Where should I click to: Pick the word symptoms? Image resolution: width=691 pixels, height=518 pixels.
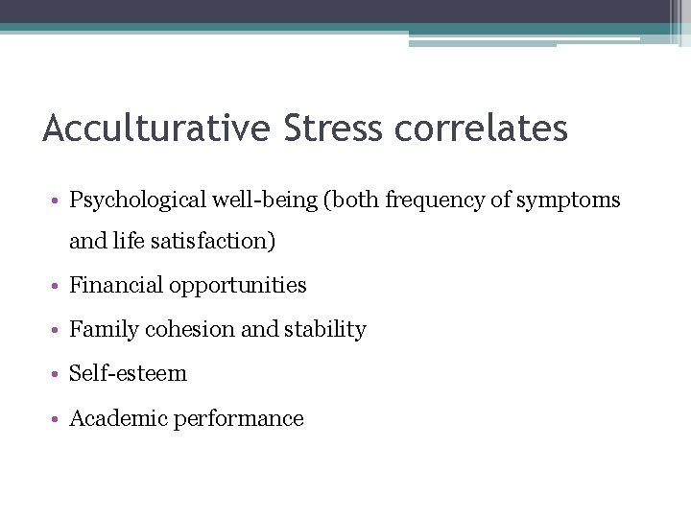[x=572, y=200]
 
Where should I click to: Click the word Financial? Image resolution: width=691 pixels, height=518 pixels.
[x=116, y=285]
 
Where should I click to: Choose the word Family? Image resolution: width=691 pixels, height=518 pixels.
[x=105, y=329]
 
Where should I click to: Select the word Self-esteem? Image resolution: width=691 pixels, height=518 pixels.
[x=129, y=373]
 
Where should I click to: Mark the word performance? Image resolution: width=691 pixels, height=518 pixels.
[x=236, y=418]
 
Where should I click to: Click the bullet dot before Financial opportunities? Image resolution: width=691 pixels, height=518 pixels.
[x=58, y=286]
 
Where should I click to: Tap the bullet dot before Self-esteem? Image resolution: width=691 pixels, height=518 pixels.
[x=58, y=374]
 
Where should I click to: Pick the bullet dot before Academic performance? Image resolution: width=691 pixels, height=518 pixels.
[x=58, y=419]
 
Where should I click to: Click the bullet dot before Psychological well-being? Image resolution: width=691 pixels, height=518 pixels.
[x=58, y=201]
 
